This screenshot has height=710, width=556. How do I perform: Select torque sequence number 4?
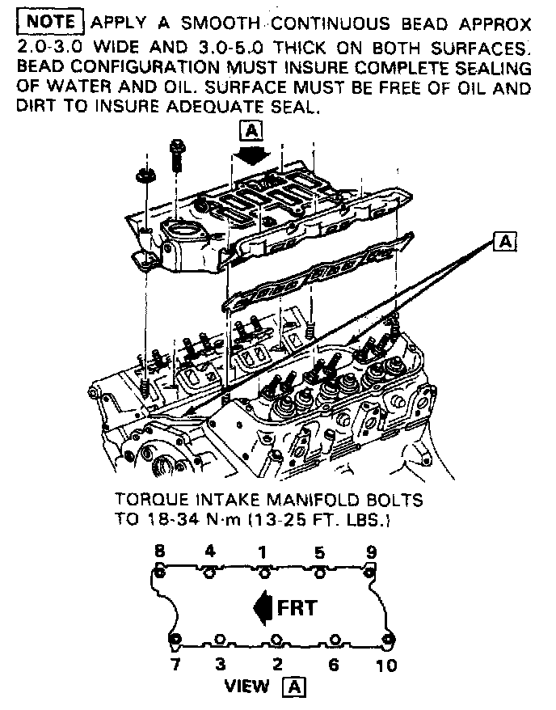(210, 552)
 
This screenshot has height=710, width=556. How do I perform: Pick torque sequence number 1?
(263, 552)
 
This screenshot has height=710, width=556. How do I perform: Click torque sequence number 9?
(371, 552)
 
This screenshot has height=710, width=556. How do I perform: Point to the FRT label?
(297, 606)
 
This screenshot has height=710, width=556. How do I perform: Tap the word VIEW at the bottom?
(246, 687)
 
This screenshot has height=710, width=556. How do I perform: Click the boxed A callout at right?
(505, 240)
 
